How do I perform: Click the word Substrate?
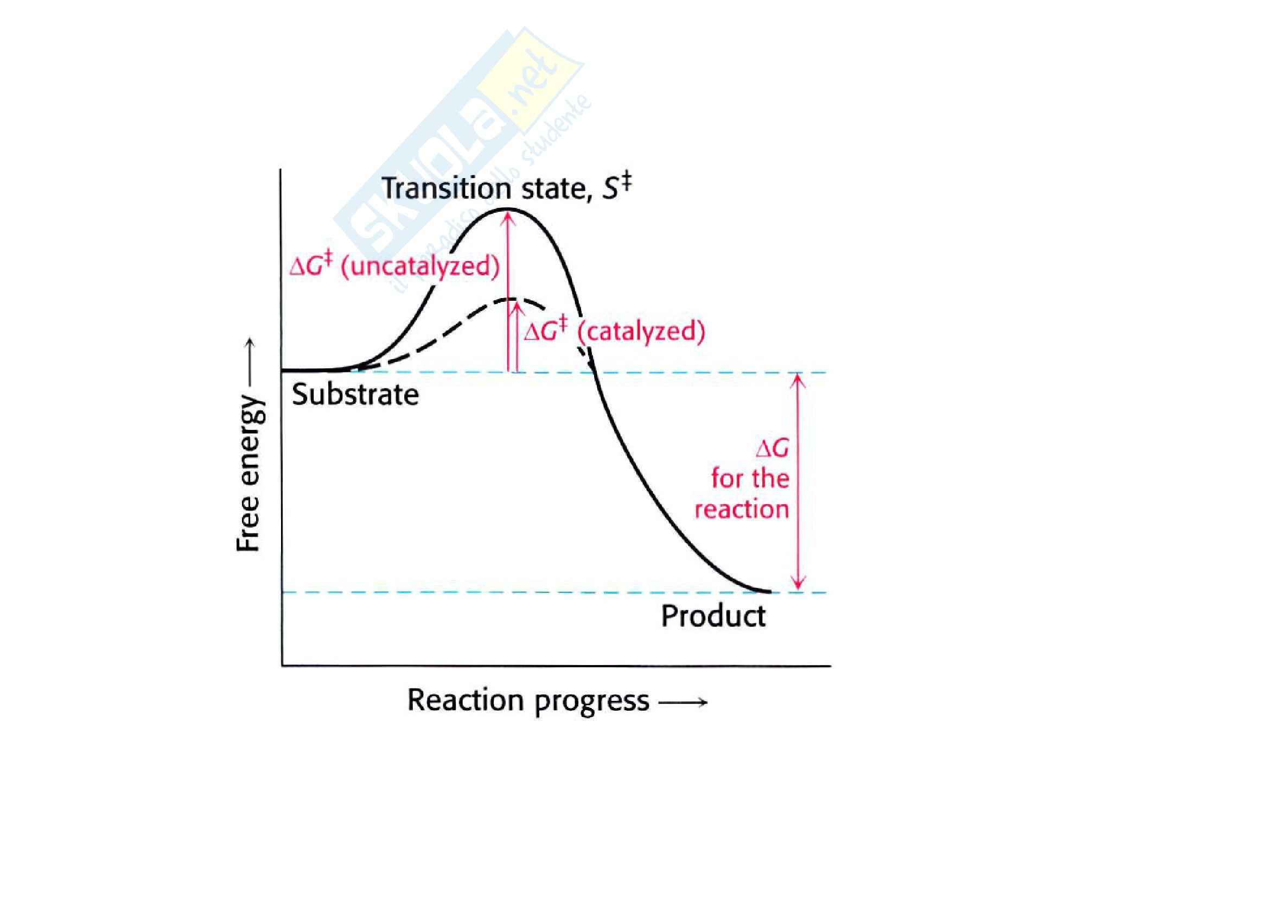click(355, 395)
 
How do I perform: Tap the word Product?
click(713, 616)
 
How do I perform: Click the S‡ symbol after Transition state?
click(616, 187)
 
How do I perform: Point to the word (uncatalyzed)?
click(420, 267)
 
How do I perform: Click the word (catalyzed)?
click(641, 332)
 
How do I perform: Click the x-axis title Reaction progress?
click(528, 701)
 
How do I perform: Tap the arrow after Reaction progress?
click(683, 703)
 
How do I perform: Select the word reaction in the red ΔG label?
click(741, 509)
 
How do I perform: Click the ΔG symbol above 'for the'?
click(772, 448)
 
